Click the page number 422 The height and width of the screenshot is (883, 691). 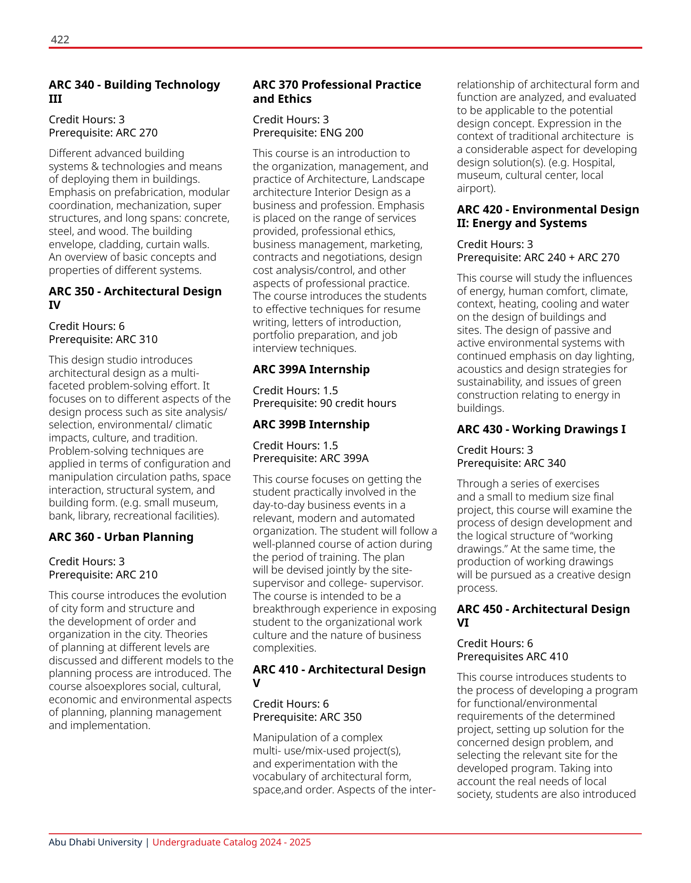[60, 39]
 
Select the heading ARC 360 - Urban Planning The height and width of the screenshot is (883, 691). [121, 537]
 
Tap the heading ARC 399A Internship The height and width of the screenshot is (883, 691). [311, 369]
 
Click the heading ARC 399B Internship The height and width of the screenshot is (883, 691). [311, 424]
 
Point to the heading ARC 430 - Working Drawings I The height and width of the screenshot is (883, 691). [541, 429]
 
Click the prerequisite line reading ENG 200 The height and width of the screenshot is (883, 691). [308, 133]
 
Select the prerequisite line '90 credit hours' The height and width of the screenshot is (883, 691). [324, 403]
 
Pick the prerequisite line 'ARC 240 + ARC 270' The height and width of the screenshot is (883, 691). [538, 257]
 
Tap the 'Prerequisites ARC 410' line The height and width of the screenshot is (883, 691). [512, 656]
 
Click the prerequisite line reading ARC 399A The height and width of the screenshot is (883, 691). [310, 459]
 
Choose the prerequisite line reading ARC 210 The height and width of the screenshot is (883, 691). [103, 575]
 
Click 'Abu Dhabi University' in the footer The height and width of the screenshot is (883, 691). [95, 843]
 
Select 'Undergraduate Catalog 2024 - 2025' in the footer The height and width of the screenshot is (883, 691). [231, 843]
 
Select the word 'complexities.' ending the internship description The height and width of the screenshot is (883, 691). [284, 648]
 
